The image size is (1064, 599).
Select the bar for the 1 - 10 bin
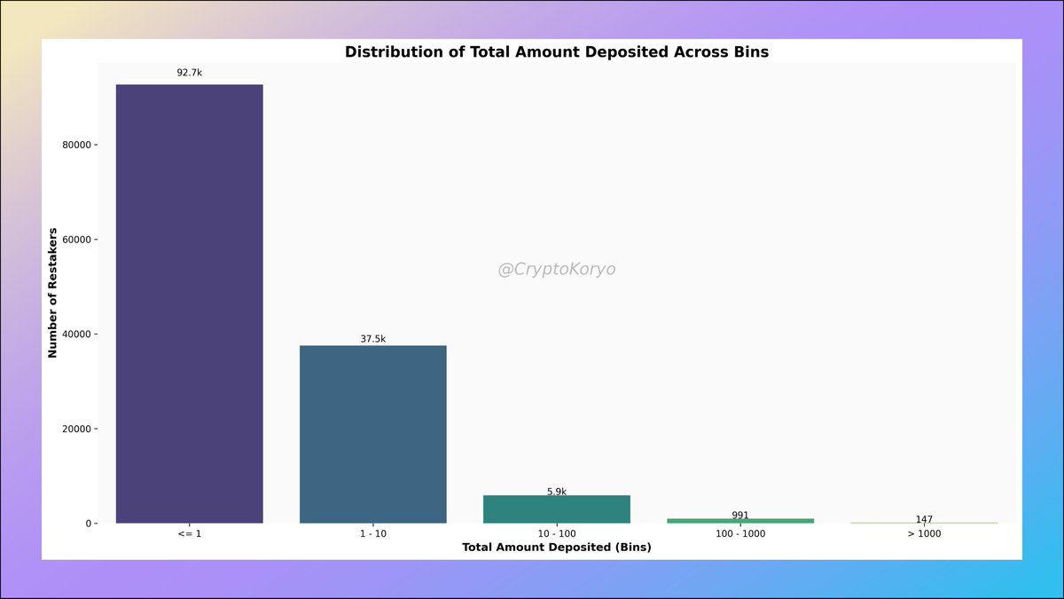[372, 434]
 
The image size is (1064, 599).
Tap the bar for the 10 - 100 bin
[556, 509]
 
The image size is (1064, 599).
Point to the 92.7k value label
[189, 72]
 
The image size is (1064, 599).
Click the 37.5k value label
[372, 339]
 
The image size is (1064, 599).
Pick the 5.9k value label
[556, 492]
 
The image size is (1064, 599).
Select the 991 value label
[740, 516]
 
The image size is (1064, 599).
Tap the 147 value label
[924, 519]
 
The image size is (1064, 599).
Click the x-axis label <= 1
[189, 534]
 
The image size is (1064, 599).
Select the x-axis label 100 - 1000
[740, 534]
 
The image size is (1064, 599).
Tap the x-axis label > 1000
[924, 534]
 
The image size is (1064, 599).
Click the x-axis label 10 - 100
[556, 534]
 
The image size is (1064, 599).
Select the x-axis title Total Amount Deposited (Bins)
[556, 548]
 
